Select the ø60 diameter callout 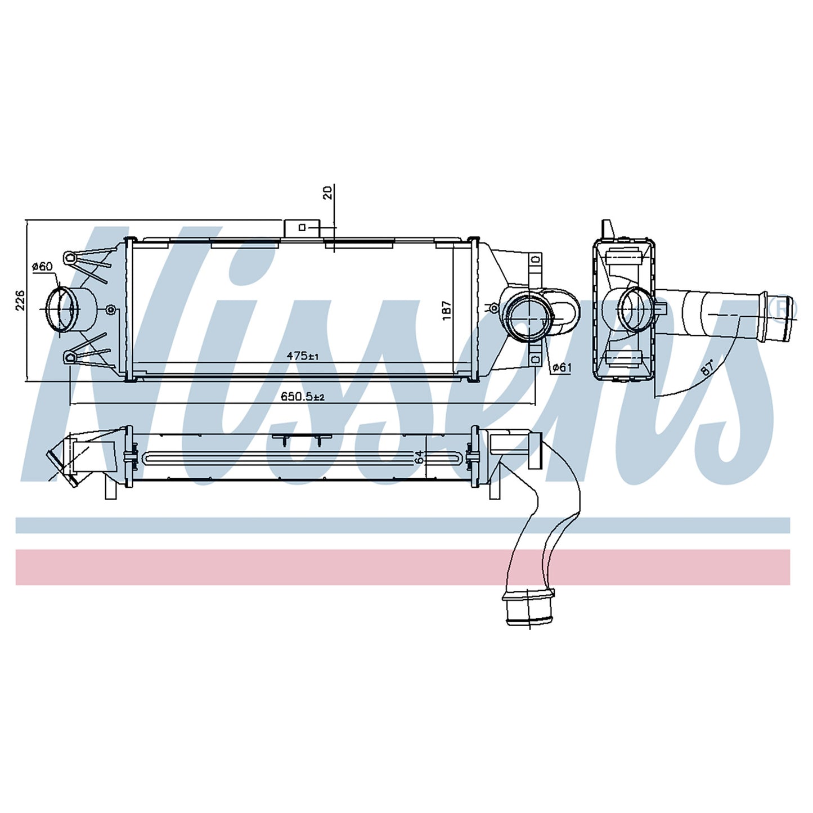tap(42, 266)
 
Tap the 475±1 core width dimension tap(302, 344)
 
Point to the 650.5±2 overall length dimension tap(303, 396)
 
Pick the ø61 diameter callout tap(561, 368)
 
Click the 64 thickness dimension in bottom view tap(419, 457)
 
